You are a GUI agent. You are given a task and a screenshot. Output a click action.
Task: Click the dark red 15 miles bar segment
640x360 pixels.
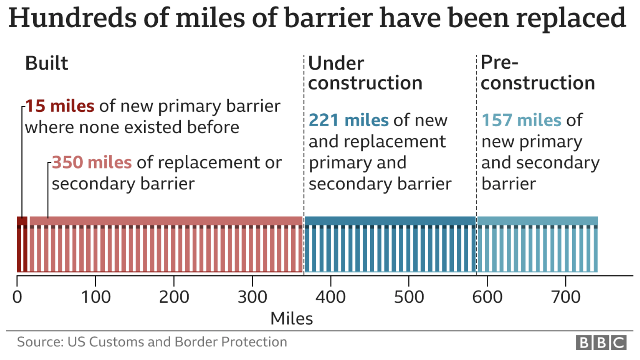(22, 244)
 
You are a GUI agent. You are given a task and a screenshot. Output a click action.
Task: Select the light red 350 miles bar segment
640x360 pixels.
(166, 244)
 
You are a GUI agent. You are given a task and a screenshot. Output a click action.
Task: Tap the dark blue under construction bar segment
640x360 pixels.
(390, 244)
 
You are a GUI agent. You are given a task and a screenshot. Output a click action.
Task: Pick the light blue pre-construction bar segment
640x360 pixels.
(537, 244)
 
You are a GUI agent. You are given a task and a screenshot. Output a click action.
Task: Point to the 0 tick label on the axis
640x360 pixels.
(17, 297)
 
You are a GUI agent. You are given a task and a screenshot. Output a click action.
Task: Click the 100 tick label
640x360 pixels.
(96, 297)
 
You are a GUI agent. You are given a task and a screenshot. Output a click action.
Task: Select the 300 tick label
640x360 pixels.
(252, 297)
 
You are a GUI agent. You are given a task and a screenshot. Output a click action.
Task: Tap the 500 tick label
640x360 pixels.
(409, 297)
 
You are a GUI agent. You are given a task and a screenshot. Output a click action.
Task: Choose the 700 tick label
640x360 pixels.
(566, 297)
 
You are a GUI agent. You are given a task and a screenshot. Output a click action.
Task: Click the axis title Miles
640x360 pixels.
(292, 318)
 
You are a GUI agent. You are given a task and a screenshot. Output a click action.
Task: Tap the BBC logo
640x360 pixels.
(601, 342)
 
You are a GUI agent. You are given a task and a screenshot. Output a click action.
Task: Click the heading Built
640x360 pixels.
(47, 63)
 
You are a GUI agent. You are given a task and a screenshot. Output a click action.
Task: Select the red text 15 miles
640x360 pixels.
(60, 106)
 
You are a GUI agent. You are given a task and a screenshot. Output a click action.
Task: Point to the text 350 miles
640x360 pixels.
(92, 162)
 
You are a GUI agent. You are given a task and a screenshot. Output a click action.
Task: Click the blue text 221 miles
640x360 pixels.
(348, 120)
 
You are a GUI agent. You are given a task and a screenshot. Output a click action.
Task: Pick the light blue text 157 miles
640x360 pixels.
(521, 120)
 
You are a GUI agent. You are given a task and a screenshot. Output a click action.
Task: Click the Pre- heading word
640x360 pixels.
(500, 62)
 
